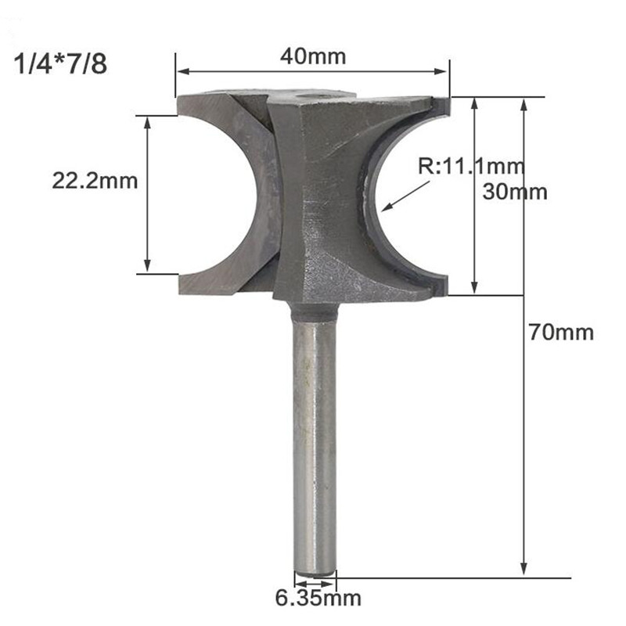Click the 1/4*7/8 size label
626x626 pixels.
pos(60,63)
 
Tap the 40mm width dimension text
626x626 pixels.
pos(312,56)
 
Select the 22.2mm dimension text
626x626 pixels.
pos(95,181)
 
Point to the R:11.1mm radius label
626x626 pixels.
pos(469,166)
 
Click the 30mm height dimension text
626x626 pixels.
pos(515,192)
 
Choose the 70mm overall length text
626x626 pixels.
pos(559,332)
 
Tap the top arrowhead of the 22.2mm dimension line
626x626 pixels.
pos(147,121)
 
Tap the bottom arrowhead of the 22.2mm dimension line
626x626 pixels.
pos(147,269)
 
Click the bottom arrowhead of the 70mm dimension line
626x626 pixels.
pos(524,573)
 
